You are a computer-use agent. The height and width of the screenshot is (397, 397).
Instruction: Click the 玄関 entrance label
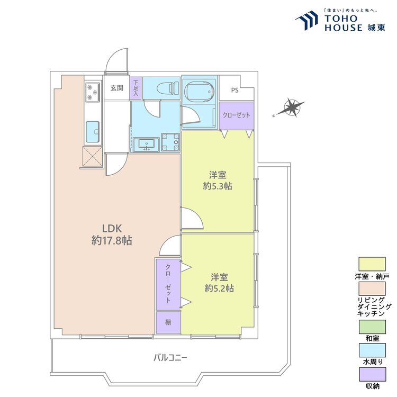117,88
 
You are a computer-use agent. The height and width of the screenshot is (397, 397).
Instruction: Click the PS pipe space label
234,90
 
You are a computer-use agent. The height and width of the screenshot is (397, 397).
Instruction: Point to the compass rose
291,109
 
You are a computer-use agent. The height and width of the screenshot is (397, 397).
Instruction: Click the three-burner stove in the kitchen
93,93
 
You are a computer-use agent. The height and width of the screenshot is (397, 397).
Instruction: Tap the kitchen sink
93,132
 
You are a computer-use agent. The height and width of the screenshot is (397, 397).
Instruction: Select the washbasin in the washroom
146,145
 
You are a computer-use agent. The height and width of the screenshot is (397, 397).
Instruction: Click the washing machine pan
170,142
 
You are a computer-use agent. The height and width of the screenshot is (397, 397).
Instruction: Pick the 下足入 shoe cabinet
136,88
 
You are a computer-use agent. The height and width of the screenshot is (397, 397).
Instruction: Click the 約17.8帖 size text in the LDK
112,240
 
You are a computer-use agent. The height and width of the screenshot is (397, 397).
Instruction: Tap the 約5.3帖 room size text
218,186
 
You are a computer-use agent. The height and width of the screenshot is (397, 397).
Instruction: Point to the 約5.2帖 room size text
219,288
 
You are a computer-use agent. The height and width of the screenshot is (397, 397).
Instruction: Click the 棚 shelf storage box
168,322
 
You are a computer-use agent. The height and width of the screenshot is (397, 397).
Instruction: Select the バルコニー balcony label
170,358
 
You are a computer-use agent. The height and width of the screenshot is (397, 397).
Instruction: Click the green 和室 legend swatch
372,327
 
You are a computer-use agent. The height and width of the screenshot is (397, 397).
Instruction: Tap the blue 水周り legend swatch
372,350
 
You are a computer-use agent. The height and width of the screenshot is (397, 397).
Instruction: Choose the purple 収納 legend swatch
372,374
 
